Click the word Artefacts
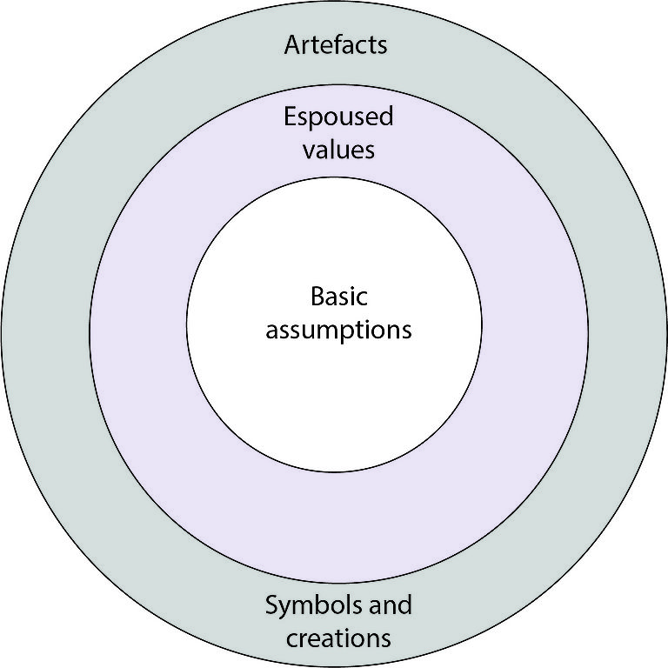point(336,45)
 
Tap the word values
point(338,150)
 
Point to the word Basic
point(338,297)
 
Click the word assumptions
point(338,331)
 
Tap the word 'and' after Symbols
point(391,604)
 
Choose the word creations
point(338,638)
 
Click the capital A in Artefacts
point(292,45)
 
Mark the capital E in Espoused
point(290,117)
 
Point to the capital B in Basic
point(316,297)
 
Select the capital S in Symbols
point(271,605)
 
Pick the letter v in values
point(308,150)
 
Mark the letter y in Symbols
point(285,608)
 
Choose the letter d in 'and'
point(405,604)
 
